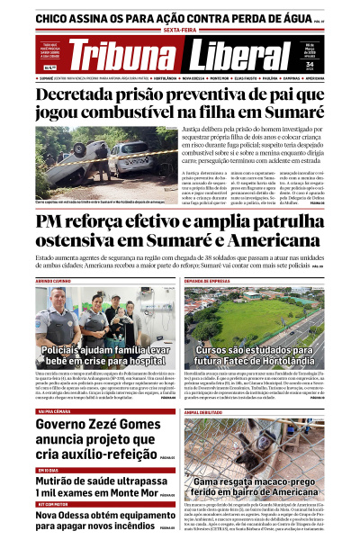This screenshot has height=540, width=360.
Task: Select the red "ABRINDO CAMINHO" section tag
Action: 54,281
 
